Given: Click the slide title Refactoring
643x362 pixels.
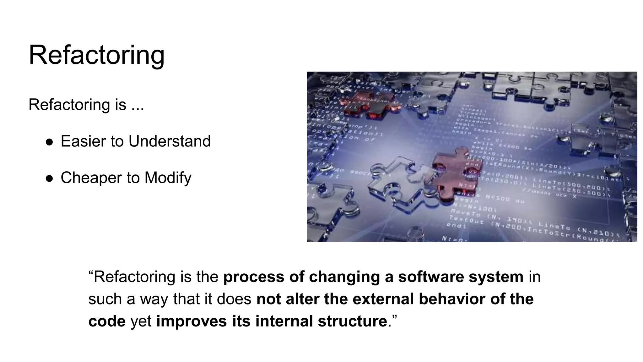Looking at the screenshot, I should (96, 55).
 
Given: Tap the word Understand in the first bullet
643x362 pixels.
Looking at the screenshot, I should (170, 141).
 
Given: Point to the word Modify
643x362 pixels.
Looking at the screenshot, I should (168, 178).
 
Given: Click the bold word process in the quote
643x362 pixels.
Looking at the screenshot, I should (254, 277).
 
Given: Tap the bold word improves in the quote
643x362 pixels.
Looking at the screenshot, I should (192, 321).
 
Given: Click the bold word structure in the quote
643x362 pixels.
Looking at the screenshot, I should (352, 321).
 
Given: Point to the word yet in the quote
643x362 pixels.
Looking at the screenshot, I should (141, 321).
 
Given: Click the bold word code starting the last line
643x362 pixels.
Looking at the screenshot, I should (107, 321).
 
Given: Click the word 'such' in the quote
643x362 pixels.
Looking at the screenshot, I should (105, 299).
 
